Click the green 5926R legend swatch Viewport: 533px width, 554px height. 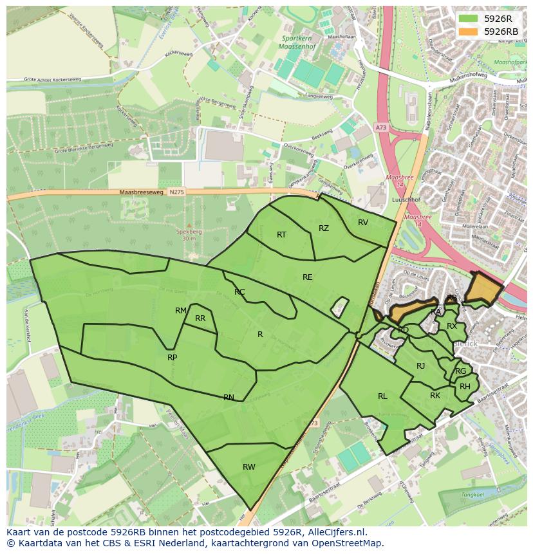469,19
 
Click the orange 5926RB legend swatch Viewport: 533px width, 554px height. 469,32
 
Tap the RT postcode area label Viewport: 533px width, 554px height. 281,235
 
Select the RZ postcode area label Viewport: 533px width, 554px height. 324,228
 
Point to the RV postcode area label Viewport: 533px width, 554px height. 363,223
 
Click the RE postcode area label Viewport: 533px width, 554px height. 308,277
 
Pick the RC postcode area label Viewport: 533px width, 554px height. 239,292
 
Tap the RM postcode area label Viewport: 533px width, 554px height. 181,311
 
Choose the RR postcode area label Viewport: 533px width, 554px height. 200,319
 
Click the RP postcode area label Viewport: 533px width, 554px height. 172,358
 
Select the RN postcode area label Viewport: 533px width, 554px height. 229,398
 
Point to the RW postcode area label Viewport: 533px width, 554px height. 249,467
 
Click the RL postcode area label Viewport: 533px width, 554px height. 382,396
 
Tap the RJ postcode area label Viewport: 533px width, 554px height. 421,366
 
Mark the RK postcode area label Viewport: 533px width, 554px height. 435,396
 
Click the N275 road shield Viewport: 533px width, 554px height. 176,192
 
